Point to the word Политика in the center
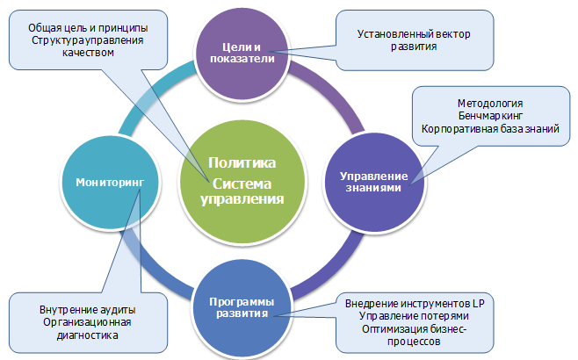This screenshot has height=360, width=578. (242, 163)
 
